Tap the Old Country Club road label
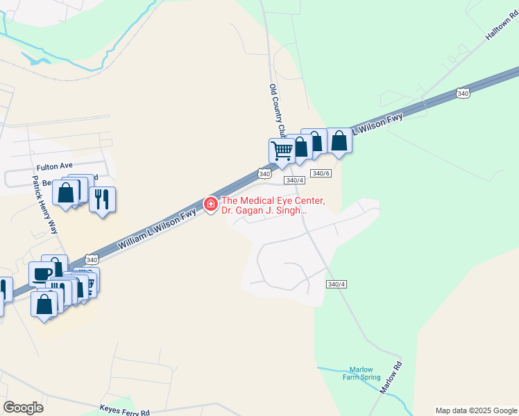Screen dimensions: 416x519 pos(278,110)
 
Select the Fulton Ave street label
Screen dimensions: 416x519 pos(55,168)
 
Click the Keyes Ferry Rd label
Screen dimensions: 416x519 pos(125,411)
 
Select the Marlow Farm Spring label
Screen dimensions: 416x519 pos(361,373)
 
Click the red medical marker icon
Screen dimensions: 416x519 pos(210,204)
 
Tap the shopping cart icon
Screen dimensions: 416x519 pos(282,150)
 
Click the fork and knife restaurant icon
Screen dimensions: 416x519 pos(102,199)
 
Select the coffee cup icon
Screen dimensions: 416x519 pos(42,275)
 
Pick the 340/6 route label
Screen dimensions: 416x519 pos(320,173)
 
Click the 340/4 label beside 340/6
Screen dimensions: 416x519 pos(295,180)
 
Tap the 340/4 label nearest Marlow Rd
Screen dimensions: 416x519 pos(336,284)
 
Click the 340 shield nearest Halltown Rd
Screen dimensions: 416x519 pos(463,93)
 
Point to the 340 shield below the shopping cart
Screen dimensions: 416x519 pos(264,173)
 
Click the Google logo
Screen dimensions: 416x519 pos(23,408)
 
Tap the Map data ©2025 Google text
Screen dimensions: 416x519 pos(475,410)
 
